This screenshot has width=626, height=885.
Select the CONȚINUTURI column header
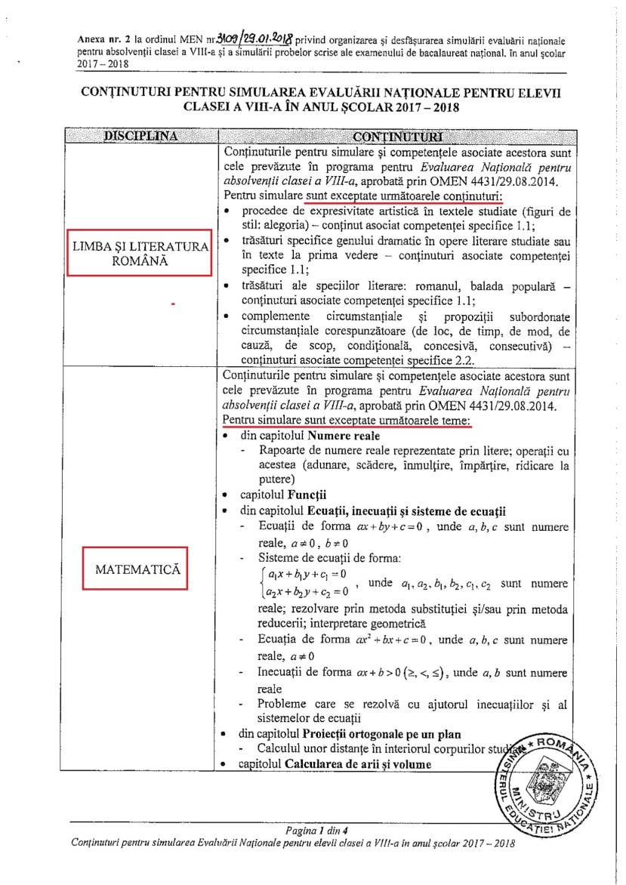419,137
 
